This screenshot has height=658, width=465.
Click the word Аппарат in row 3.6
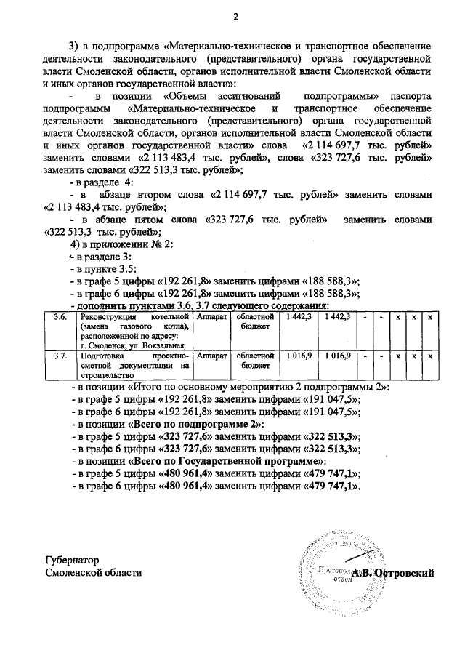click(x=212, y=317)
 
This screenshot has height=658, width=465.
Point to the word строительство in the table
click(x=108, y=376)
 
